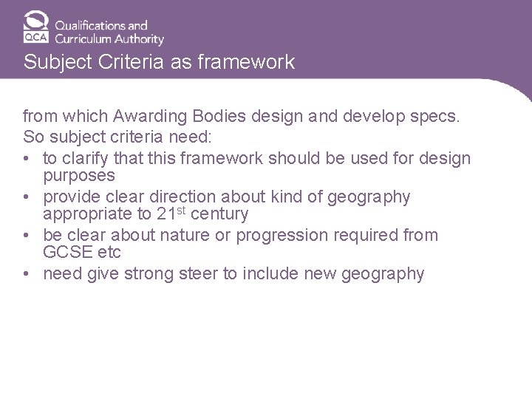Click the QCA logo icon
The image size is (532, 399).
click(35, 27)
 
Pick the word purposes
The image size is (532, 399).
click(79, 176)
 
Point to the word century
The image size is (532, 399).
click(219, 215)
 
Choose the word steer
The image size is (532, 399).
click(195, 274)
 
